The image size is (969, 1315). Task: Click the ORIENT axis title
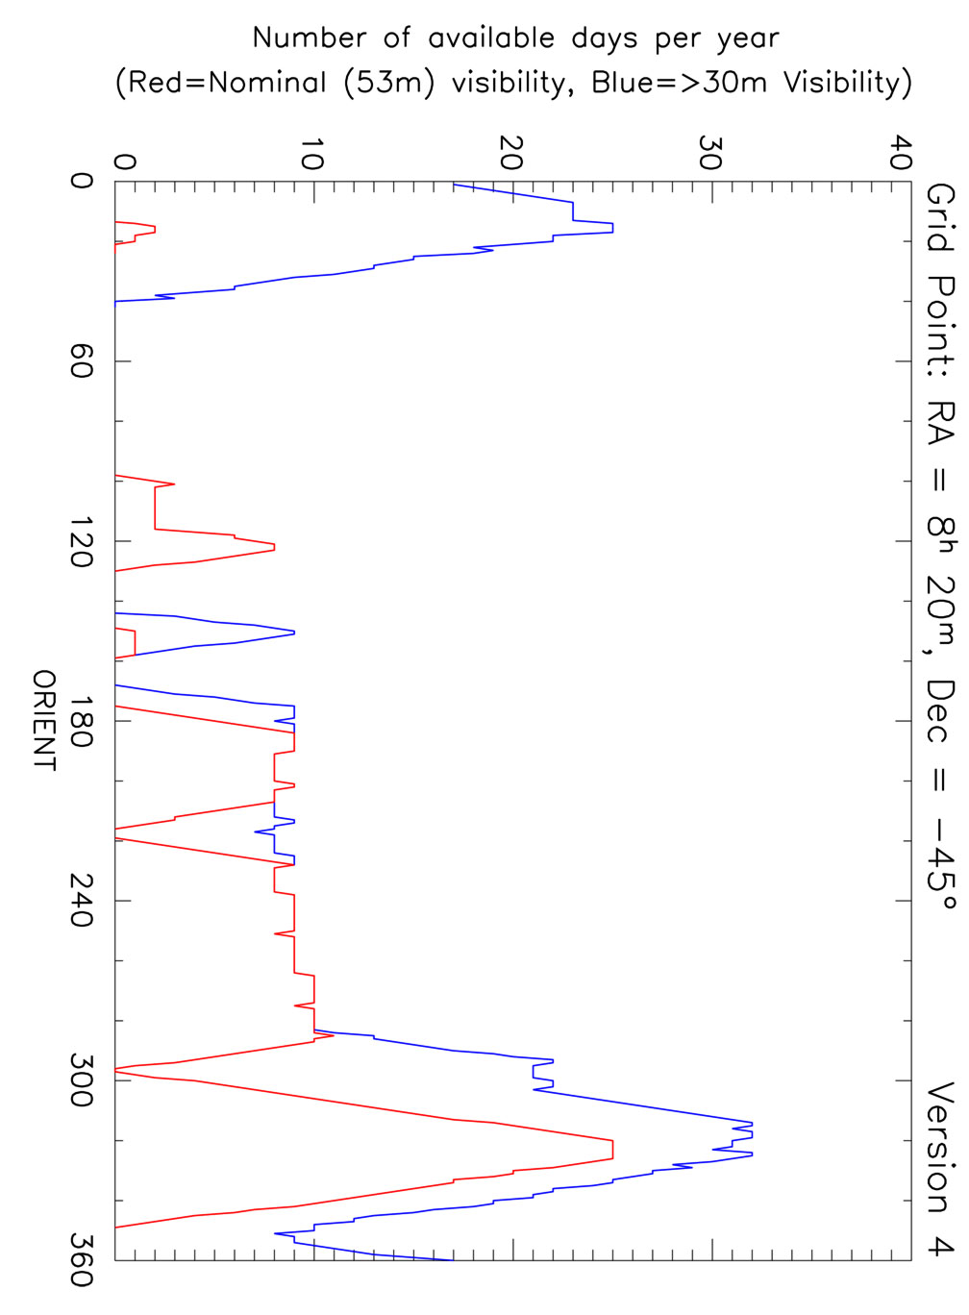tap(45, 720)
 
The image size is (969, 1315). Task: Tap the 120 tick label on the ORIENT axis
tap(81, 541)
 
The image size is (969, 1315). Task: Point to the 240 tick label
tap(81, 901)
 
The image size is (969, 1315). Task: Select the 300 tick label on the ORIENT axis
tap(81, 1080)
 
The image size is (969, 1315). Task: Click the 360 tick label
tap(81, 1260)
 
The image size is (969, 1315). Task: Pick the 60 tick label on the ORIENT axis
tap(81, 361)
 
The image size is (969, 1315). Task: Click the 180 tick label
tap(81, 721)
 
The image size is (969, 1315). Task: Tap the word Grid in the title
tap(940, 217)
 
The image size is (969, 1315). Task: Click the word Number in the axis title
tap(309, 38)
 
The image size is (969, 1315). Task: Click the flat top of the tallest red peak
tap(612, 1151)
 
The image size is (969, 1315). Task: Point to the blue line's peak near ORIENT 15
tap(612, 228)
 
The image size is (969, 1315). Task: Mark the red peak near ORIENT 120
tap(274, 547)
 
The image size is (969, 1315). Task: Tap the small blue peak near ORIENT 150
tap(293, 632)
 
